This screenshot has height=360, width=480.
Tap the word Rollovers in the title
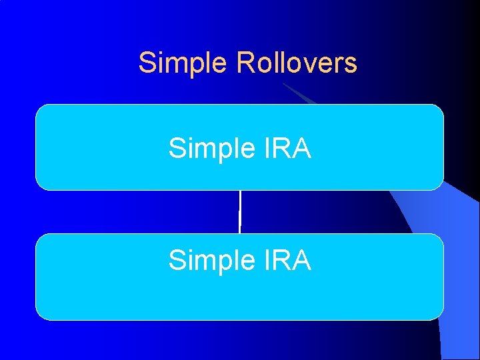pyautogui.click(x=297, y=63)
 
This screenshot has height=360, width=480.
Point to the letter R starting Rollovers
pyautogui.click(x=245, y=63)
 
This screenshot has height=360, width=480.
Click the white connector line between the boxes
pyautogui.click(x=239, y=212)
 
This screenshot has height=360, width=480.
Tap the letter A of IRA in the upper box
pyautogui.click(x=301, y=148)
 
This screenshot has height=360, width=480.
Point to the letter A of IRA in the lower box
pyautogui.click(x=301, y=260)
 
